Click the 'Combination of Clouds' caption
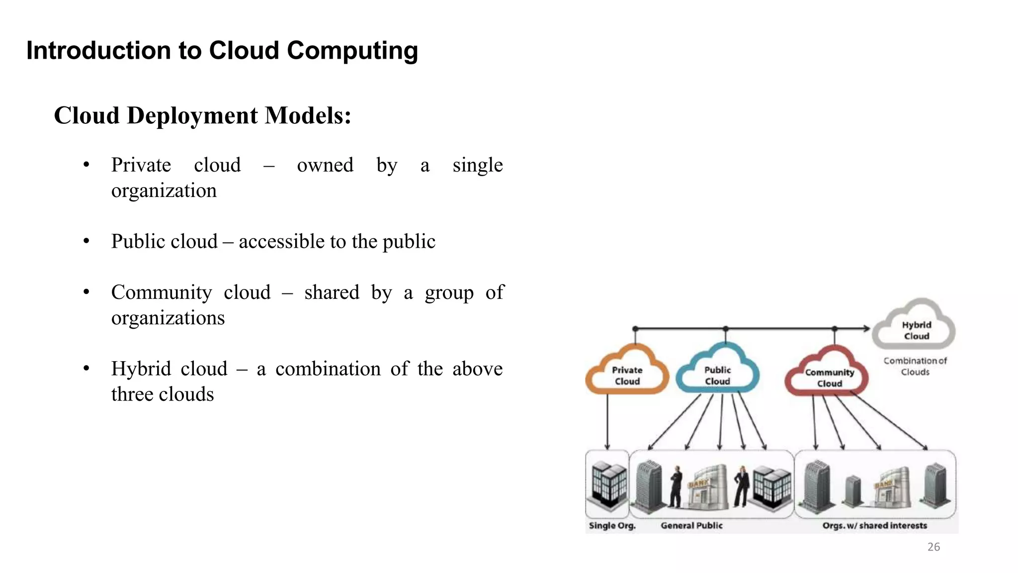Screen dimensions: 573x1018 tap(915, 366)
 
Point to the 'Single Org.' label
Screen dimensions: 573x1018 tap(612, 525)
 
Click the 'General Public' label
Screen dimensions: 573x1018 tap(691, 525)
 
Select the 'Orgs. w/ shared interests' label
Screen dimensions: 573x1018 tap(874, 525)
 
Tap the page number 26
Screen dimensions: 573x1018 tap(933, 547)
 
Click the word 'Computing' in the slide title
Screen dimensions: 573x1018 tap(352, 51)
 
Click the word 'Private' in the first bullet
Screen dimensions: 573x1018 tap(141, 165)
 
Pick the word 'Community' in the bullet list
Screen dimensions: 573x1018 tap(162, 292)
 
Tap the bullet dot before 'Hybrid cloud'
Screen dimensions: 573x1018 tap(86, 369)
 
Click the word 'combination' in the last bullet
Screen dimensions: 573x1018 tap(328, 369)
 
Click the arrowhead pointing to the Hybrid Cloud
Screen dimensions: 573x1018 tap(866, 328)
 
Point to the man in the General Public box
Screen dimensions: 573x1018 tap(676, 486)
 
